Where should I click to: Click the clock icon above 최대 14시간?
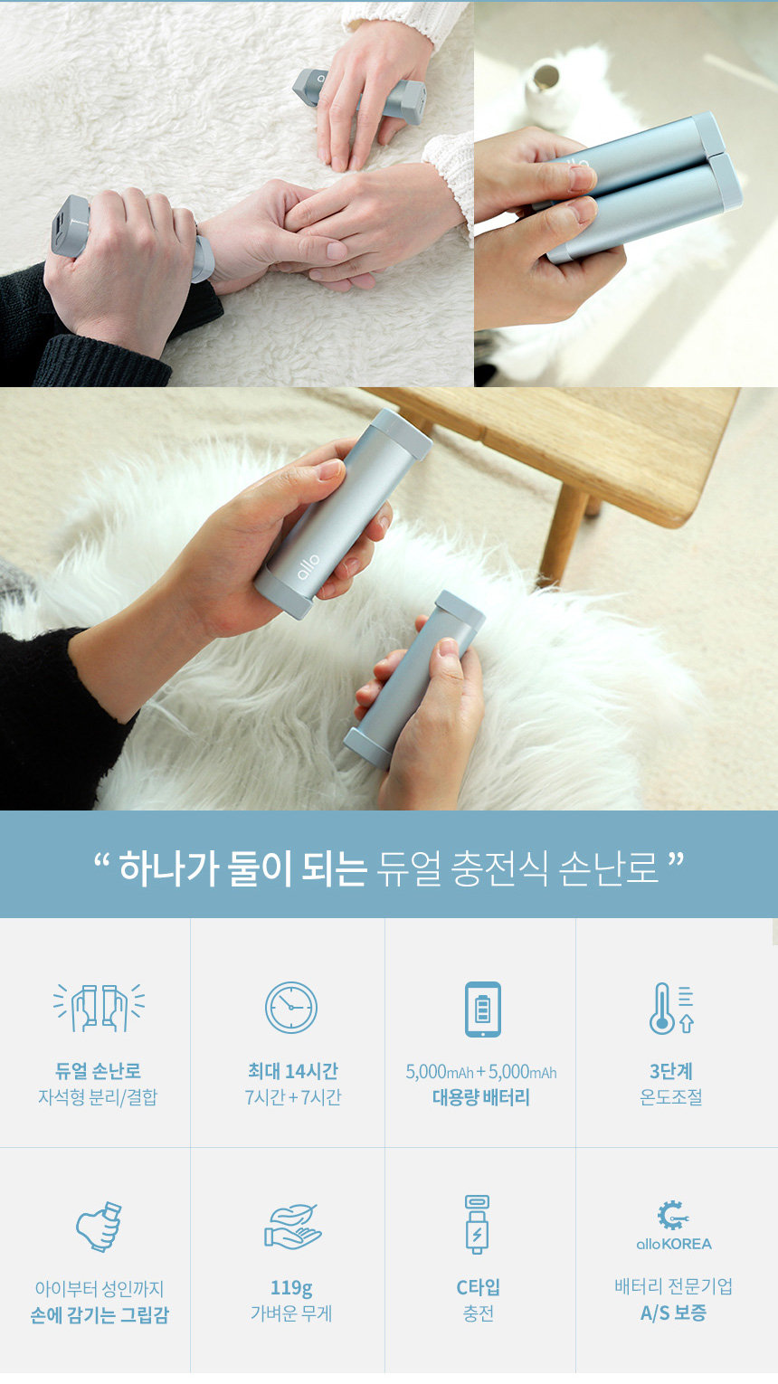point(291,1008)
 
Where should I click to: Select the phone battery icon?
point(482,1009)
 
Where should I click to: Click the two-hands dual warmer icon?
point(99,1008)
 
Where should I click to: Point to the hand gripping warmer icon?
point(99,1227)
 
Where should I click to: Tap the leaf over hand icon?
point(292,1227)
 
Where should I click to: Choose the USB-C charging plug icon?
point(477,1225)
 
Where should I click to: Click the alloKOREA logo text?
point(674,1244)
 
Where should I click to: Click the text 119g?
point(291,1288)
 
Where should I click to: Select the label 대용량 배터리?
point(480,1097)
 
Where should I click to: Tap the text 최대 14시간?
point(292,1071)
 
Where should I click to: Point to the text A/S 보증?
point(673,1313)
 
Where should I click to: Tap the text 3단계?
point(671,1071)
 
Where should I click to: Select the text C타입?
point(478,1287)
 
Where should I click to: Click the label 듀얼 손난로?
point(99,1071)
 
